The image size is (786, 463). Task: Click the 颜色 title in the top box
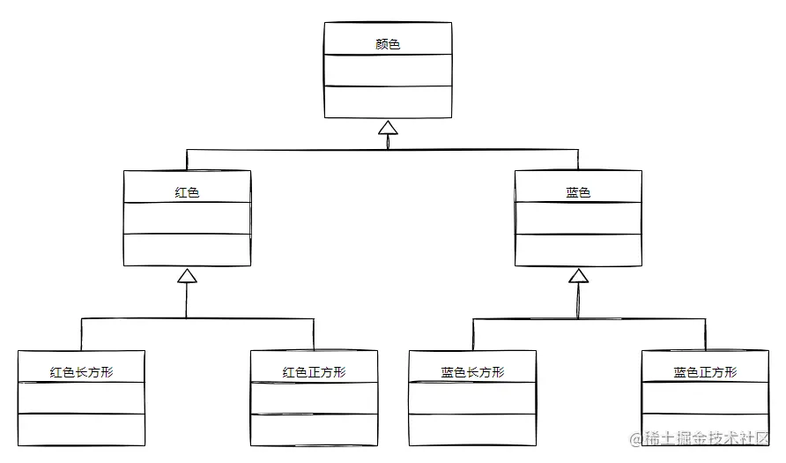[388, 43]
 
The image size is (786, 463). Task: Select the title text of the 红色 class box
[187, 191]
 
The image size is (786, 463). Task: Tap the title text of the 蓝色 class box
[578, 191]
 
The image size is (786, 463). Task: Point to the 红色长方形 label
[81, 371]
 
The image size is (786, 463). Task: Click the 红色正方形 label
[314, 371]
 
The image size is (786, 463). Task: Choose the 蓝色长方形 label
[472, 371]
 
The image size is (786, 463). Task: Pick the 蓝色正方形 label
[705, 371]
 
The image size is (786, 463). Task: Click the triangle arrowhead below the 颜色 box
[388, 129]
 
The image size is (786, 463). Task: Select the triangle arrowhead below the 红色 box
[187, 277]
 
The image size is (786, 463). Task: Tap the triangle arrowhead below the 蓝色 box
[578, 277]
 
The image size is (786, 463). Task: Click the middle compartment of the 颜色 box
[388, 71]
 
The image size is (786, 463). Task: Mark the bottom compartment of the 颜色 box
[388, 101]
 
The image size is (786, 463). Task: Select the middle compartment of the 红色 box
[187, 219]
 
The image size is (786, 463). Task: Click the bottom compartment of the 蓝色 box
[578, 250]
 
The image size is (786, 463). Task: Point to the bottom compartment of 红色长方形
[81, 429]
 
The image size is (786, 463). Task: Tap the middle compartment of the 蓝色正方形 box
[705, 399]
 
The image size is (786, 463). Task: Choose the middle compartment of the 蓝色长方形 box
[472, 399]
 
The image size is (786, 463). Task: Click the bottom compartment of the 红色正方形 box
[314, 429]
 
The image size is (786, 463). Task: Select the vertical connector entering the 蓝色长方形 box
[472, 335]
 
